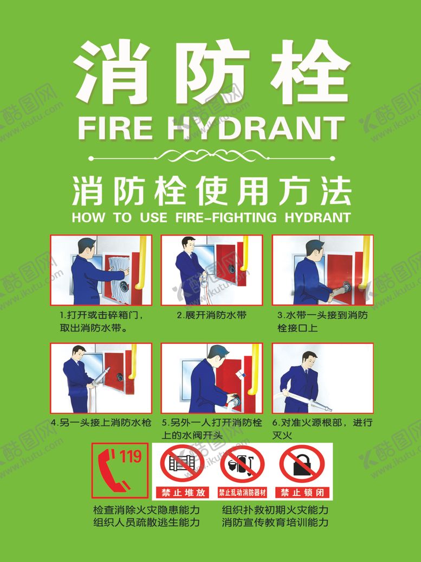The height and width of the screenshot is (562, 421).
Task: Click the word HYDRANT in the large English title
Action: coord(255,128)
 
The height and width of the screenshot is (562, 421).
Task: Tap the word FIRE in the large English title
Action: coord(115,129)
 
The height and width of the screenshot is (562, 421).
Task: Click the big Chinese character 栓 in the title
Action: coord(310,72)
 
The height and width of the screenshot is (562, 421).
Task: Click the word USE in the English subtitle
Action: coord(153,217)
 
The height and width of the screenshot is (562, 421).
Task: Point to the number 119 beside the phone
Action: coord(130,457)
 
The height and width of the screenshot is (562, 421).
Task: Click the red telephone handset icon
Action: coord(112,470)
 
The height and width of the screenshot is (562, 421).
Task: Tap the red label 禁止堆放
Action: coord(183,493)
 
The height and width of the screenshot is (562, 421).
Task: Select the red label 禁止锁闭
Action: coord(302,493)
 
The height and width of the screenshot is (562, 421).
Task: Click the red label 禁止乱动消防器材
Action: coord(243,493)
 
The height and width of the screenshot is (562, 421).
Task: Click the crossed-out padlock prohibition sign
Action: coord(302,465)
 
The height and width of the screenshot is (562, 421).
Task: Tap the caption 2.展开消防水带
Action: coord(212,315)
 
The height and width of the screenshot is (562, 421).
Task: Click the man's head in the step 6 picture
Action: coord(309,360)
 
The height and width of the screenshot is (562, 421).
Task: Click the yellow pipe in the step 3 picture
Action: coord(365,261)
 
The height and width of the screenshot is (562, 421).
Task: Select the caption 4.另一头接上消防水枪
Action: coord(101,423)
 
